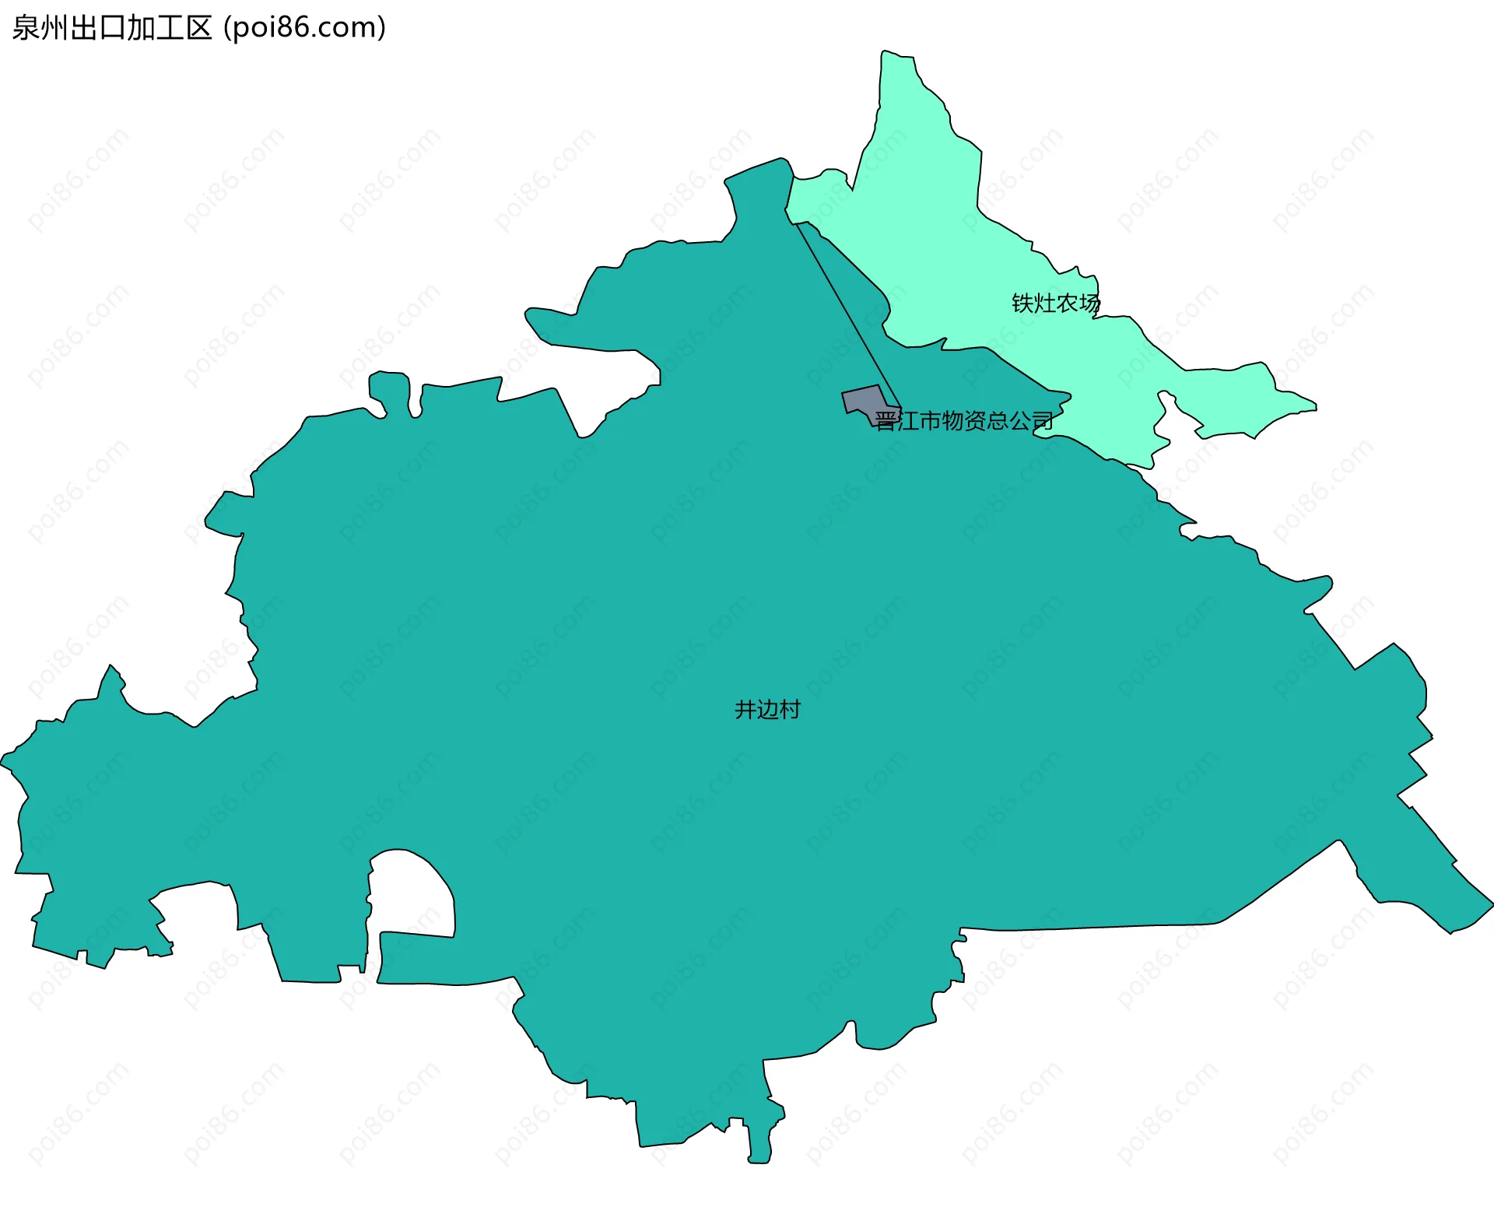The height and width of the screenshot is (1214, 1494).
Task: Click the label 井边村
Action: click(x=767, y=710)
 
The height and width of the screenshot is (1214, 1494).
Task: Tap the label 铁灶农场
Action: click(x=1056, y=303)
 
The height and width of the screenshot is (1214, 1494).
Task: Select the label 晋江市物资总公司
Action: click(x=964, y=421)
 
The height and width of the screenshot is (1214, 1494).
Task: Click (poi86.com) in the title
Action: click(x=304, y=28)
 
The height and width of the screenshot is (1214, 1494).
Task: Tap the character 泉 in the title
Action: click(x=26, y=28)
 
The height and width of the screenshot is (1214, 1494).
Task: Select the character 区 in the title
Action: click(x=198, y=28)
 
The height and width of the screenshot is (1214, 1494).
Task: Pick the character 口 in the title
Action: click(x=112, y=28)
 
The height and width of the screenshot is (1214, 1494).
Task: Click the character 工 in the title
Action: click(x=170, y=28)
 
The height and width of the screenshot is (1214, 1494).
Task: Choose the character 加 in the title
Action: click(x=141, y=28)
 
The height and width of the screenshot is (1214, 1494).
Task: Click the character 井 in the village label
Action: click(x=745, y=710)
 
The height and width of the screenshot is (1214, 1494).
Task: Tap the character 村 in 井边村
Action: click(x=790, y=710)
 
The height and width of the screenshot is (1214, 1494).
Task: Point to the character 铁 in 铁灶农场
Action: click(x=1022, y=303)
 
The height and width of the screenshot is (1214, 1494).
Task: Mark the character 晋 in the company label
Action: click(x=886, y=421)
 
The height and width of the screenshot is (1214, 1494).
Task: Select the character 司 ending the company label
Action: click(x=1043, y=421)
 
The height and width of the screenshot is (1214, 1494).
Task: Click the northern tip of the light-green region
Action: click(x=887, y=54)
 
